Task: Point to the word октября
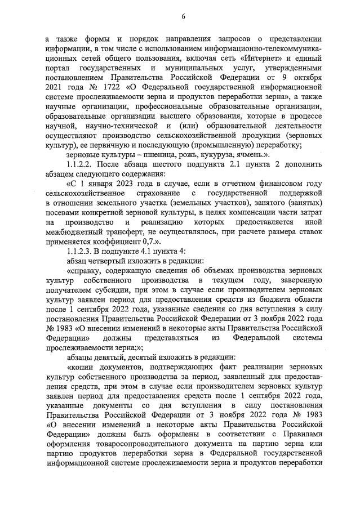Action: [306, 78]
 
